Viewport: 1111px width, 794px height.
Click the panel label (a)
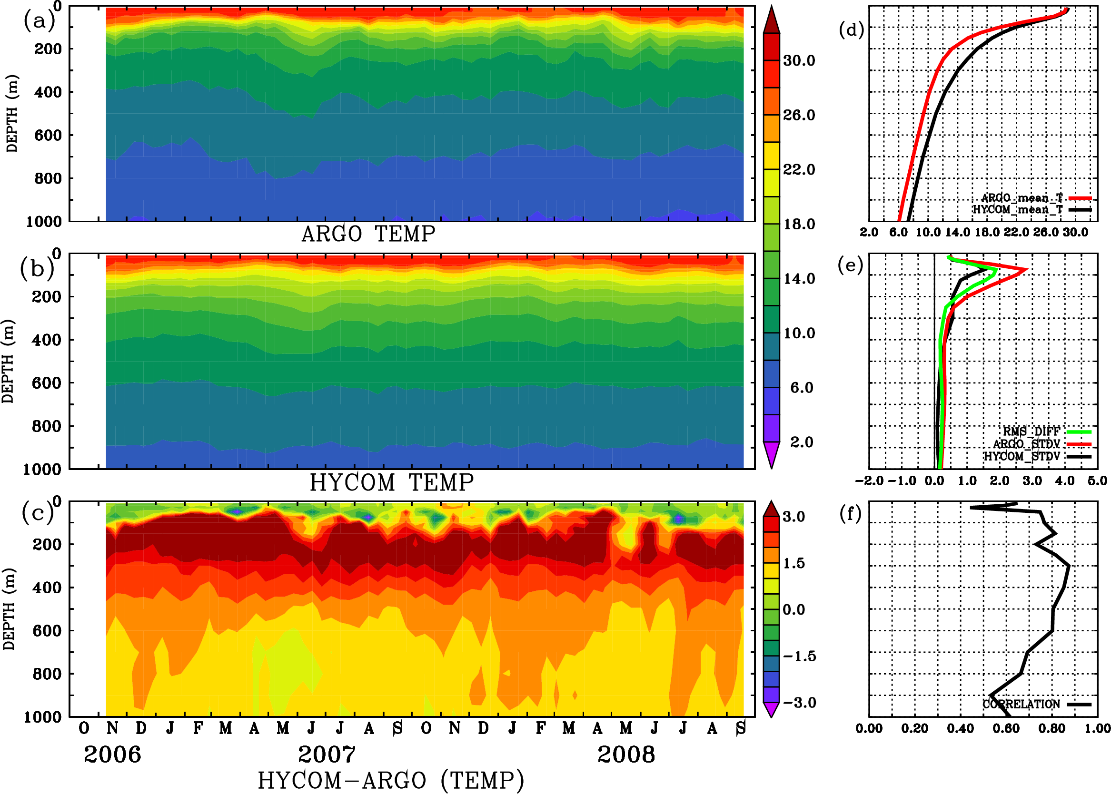[39, 21]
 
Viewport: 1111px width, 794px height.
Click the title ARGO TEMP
[368, 234]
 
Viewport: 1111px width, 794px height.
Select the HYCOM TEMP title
[392, 482]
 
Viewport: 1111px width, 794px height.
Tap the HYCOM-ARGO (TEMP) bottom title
[391, 780]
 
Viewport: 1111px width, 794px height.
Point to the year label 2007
[327, 755]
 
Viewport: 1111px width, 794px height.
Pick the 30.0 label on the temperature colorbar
[799, 60]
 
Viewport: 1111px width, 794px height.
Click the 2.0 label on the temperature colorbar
[802, 442]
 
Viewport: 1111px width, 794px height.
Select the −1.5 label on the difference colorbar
[799, 656]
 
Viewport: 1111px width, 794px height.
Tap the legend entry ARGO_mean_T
[1022, 198]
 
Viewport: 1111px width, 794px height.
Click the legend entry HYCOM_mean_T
[1018, 210]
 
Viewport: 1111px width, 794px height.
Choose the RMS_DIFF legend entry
[1031, 431]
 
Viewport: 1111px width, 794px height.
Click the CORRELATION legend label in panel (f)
[1021, 705]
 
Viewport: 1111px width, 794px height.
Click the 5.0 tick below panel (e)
[1097, 481]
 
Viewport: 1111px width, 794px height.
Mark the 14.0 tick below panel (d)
[957, 232]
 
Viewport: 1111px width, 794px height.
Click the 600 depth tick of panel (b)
[47, 383]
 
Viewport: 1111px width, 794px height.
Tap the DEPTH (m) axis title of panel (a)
[12, 113]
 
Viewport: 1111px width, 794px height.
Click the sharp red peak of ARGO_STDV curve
[1026, 269]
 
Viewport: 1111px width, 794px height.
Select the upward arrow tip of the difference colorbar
[772, 501]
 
